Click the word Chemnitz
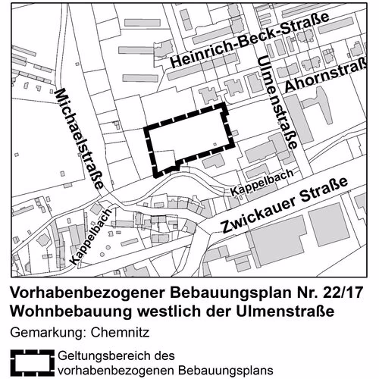[x=121, y=333]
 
